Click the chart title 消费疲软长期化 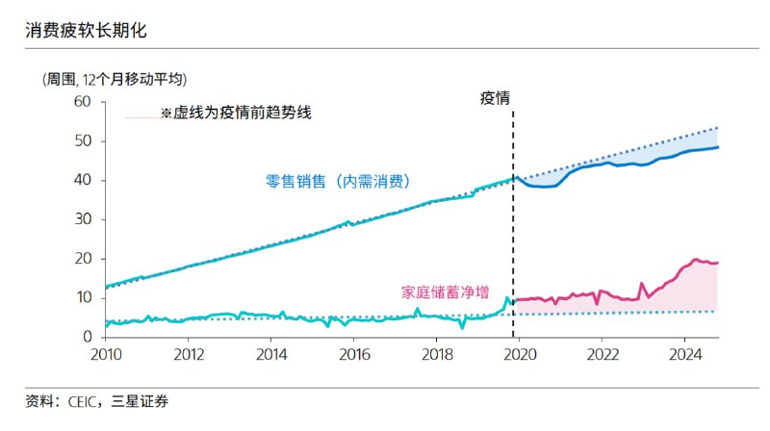87,32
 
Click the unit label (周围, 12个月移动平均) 114,80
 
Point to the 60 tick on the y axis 84,102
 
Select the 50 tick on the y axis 84,141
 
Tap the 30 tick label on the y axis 84,219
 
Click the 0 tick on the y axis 88,338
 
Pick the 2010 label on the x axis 106,354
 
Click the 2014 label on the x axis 271,354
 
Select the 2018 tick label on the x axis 437,354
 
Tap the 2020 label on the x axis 520,354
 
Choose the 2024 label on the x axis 684,354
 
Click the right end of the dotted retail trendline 718,128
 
